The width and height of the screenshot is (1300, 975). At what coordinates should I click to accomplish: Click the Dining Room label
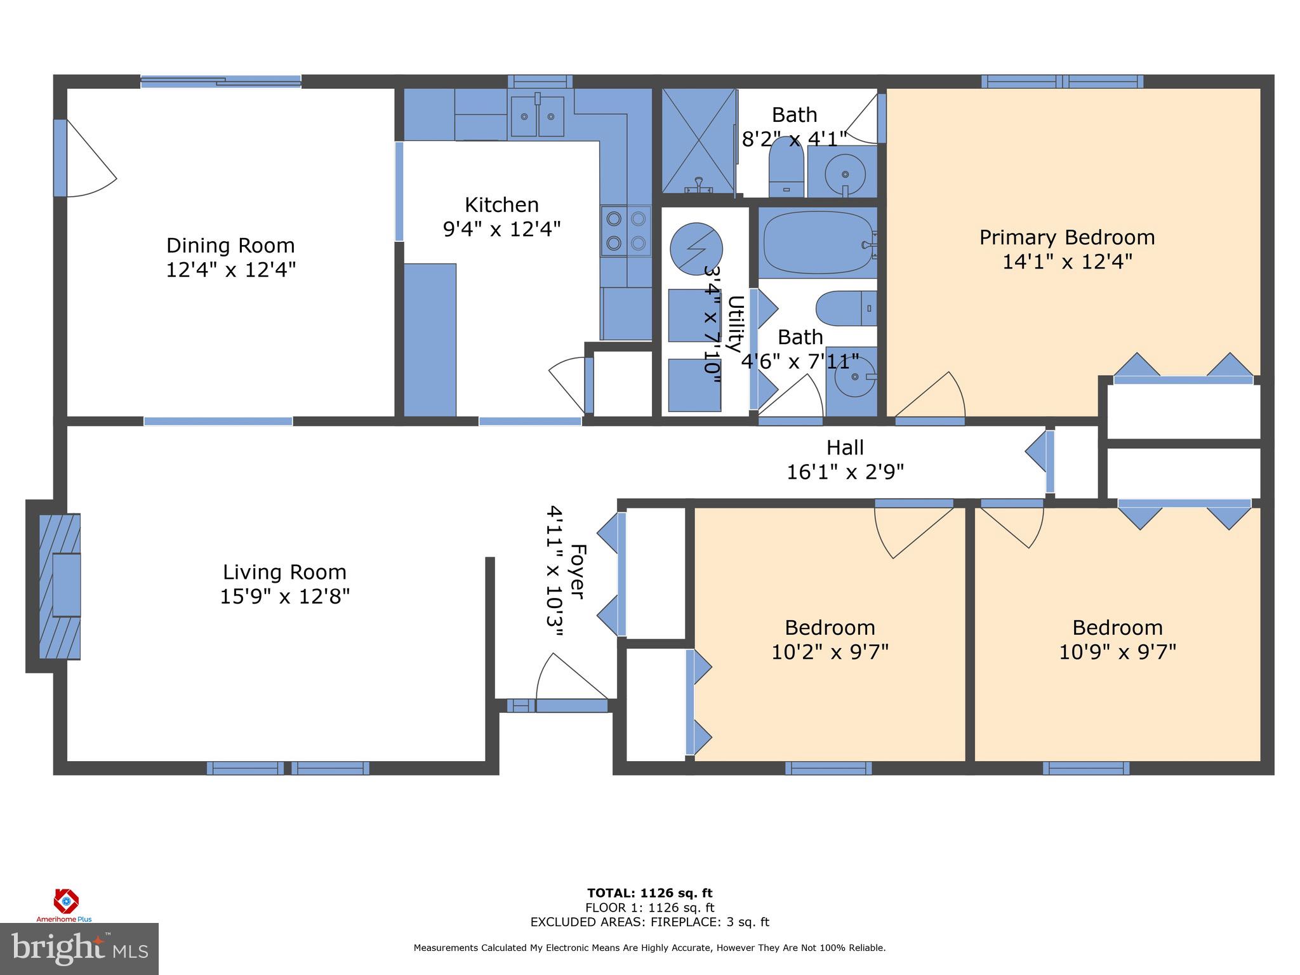coord(231,258)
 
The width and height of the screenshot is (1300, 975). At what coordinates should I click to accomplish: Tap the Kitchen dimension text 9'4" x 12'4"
coord(501,229)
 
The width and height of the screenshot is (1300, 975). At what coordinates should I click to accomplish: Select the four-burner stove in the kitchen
coord(626,231)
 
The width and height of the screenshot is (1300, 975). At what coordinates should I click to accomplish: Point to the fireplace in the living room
coord(60,586)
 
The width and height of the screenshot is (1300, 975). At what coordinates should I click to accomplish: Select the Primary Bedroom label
coord(1066,237)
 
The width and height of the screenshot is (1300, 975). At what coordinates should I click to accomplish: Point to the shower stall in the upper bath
coord(699,141)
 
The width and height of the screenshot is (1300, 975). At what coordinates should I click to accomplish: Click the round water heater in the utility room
coord(696,248)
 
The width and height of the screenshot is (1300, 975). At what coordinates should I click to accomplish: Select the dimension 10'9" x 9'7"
coord(1117,652)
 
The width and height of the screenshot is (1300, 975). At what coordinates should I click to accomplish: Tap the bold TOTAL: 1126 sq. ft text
coord(649,894)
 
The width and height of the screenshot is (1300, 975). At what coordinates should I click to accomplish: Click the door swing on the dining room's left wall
coord(91,157)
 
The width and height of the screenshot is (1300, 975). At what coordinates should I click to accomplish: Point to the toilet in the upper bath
coord(786,166)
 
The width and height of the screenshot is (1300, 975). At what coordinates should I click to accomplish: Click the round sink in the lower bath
coord(854,377)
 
